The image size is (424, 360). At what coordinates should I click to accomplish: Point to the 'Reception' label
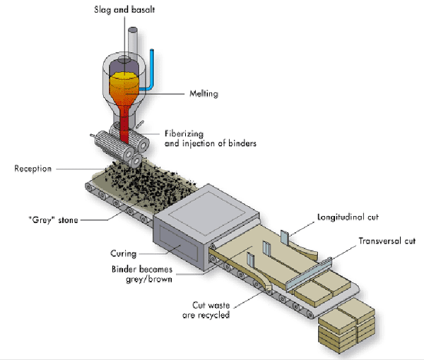tap(33, 169)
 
